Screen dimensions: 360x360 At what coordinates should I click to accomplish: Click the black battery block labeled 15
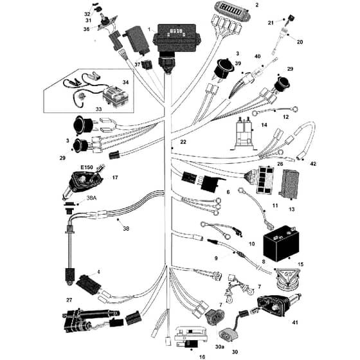pyautogui.click(x=282, y=244)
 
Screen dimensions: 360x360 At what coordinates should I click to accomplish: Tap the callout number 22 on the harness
pyautogui.click(x=183, y=142)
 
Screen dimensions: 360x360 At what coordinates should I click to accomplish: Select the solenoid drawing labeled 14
pyautogui.click(x=244, y=134)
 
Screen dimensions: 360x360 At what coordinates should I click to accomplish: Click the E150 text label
pyautogui.click(x=87, y=167)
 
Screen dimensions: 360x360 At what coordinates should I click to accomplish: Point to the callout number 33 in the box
pyautogui.click(x=98, y=109)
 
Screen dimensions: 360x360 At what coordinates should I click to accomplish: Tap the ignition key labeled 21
pyautogui.click(x=291, y=19)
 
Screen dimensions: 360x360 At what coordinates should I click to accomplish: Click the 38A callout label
pyautogui.click(x=91, y=197)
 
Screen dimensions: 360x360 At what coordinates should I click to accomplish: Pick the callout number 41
pyautogui.click(x=295, y=323)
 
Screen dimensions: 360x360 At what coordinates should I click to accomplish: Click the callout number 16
pyautogui.click(x=202, y=357)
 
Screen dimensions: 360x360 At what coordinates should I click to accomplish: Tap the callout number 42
pyautogui.click(x=313, y=164)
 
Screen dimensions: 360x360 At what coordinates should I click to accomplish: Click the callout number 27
pyautogui.click(x=69, y=300)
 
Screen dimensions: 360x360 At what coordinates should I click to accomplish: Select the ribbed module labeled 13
pyautogui.click(x=290, y=184)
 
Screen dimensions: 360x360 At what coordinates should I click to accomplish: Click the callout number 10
pyautogui.click(x=252, y=244)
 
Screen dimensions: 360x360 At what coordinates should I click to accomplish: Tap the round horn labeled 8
pyautogui.click(x=287, y=279)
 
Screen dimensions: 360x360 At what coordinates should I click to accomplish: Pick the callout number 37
pyautogui.click(x=138, y=64)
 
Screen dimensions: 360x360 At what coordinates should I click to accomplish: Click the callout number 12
pyautogui.click(x=285, y=117)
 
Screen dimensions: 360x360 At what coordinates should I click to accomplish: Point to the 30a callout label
pyautogui.click(x=219, y=346)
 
